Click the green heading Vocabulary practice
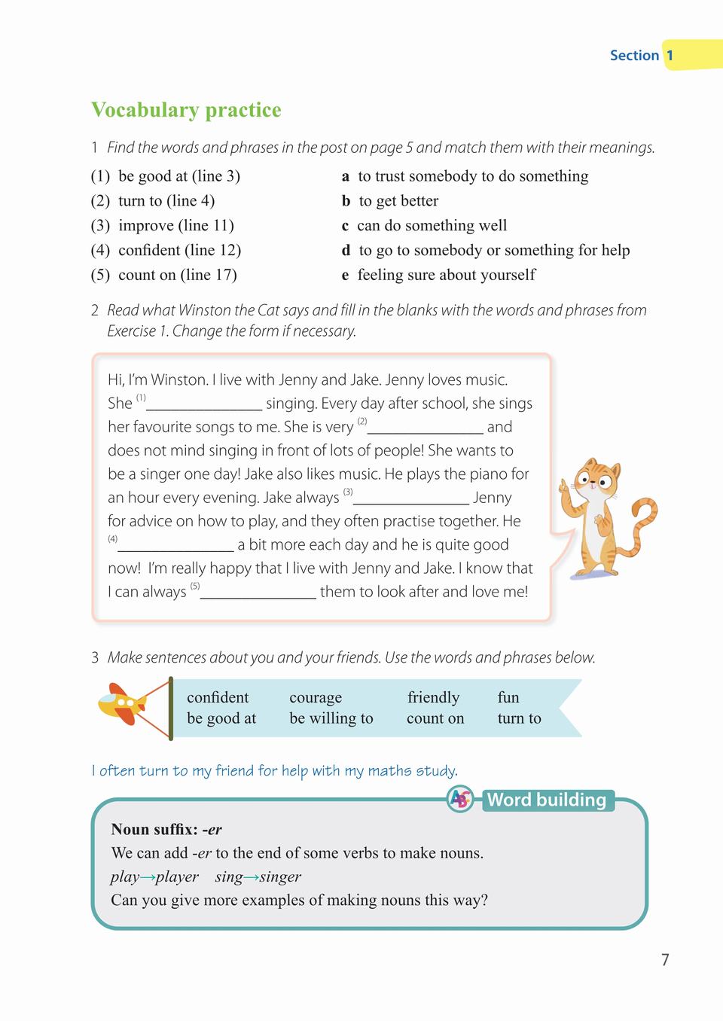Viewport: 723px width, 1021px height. (x=186, y=110)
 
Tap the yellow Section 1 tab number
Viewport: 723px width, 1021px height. (x=670, y=55)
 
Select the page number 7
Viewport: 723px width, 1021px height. (x=665, y=959)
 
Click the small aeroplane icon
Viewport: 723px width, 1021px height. (x=122, y=703)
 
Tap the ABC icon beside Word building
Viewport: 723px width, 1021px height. (x=460, y=799)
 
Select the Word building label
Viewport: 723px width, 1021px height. (x=547, y=800)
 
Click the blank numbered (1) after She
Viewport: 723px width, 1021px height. (x=204, y=405)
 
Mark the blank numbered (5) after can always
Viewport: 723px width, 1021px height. (x=258, y=593)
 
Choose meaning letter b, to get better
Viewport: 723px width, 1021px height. (x=346, y=201)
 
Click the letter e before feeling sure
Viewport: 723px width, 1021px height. (x=346, y=275)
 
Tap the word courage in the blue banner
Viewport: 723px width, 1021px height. (x=316, y=697)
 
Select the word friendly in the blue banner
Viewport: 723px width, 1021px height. (x=433, y=697)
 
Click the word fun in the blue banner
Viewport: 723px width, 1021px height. (x=508, y=697)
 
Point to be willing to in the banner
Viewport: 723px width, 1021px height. (x=331, y=718)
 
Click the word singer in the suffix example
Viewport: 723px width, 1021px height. (x=280, y=876)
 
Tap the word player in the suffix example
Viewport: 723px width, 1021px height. (x=177, y=876)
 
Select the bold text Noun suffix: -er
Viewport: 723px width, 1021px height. (x=166, y=830)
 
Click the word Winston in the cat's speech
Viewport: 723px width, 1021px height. (x=178, y=380)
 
